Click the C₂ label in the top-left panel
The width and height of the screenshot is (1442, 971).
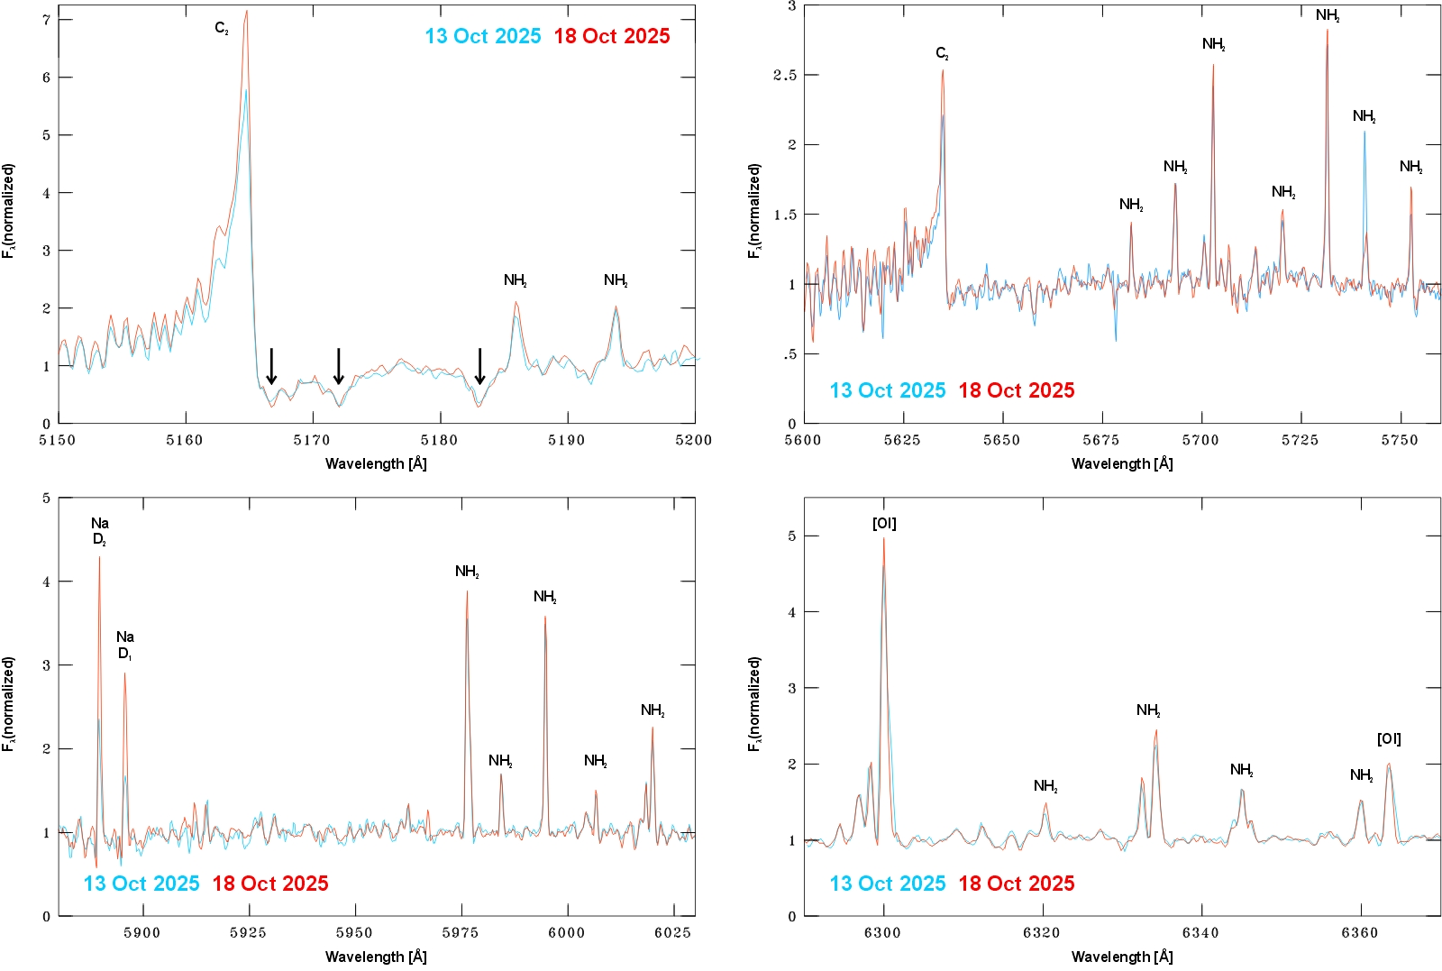tap(222, 29)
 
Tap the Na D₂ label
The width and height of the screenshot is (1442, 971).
tap(99, 531)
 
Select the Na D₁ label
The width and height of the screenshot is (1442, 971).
tap(124, 645)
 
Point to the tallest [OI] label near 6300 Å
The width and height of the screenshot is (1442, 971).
tap(884, 524)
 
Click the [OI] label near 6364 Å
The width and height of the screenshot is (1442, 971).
tap(1389, 739)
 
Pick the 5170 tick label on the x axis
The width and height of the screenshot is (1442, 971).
tap(313, 440)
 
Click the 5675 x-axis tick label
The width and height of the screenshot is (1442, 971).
tap(1101, 440)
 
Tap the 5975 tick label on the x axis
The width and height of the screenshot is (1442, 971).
tap(461, 932)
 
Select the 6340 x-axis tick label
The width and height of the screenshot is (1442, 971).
tap(1200, 932)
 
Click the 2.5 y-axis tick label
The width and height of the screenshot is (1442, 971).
tap(785, 75)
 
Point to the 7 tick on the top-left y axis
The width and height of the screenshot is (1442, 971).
tap(46, 19)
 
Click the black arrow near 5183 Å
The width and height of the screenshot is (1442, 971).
tap(480, 366)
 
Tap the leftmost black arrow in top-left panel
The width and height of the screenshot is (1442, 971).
tap(271, 366)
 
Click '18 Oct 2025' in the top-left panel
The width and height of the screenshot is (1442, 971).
tap(612, 36)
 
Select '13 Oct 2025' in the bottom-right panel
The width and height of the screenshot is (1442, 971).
tap(887, 884)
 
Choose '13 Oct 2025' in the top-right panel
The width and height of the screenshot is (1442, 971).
tap(887, 390)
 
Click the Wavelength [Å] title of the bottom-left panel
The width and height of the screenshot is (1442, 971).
tap(376, 957)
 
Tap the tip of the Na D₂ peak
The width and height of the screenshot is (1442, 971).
tap(99, 557)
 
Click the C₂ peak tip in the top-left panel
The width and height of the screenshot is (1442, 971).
tap(246, 12)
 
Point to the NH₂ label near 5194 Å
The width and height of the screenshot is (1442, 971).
tap(616, 280)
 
